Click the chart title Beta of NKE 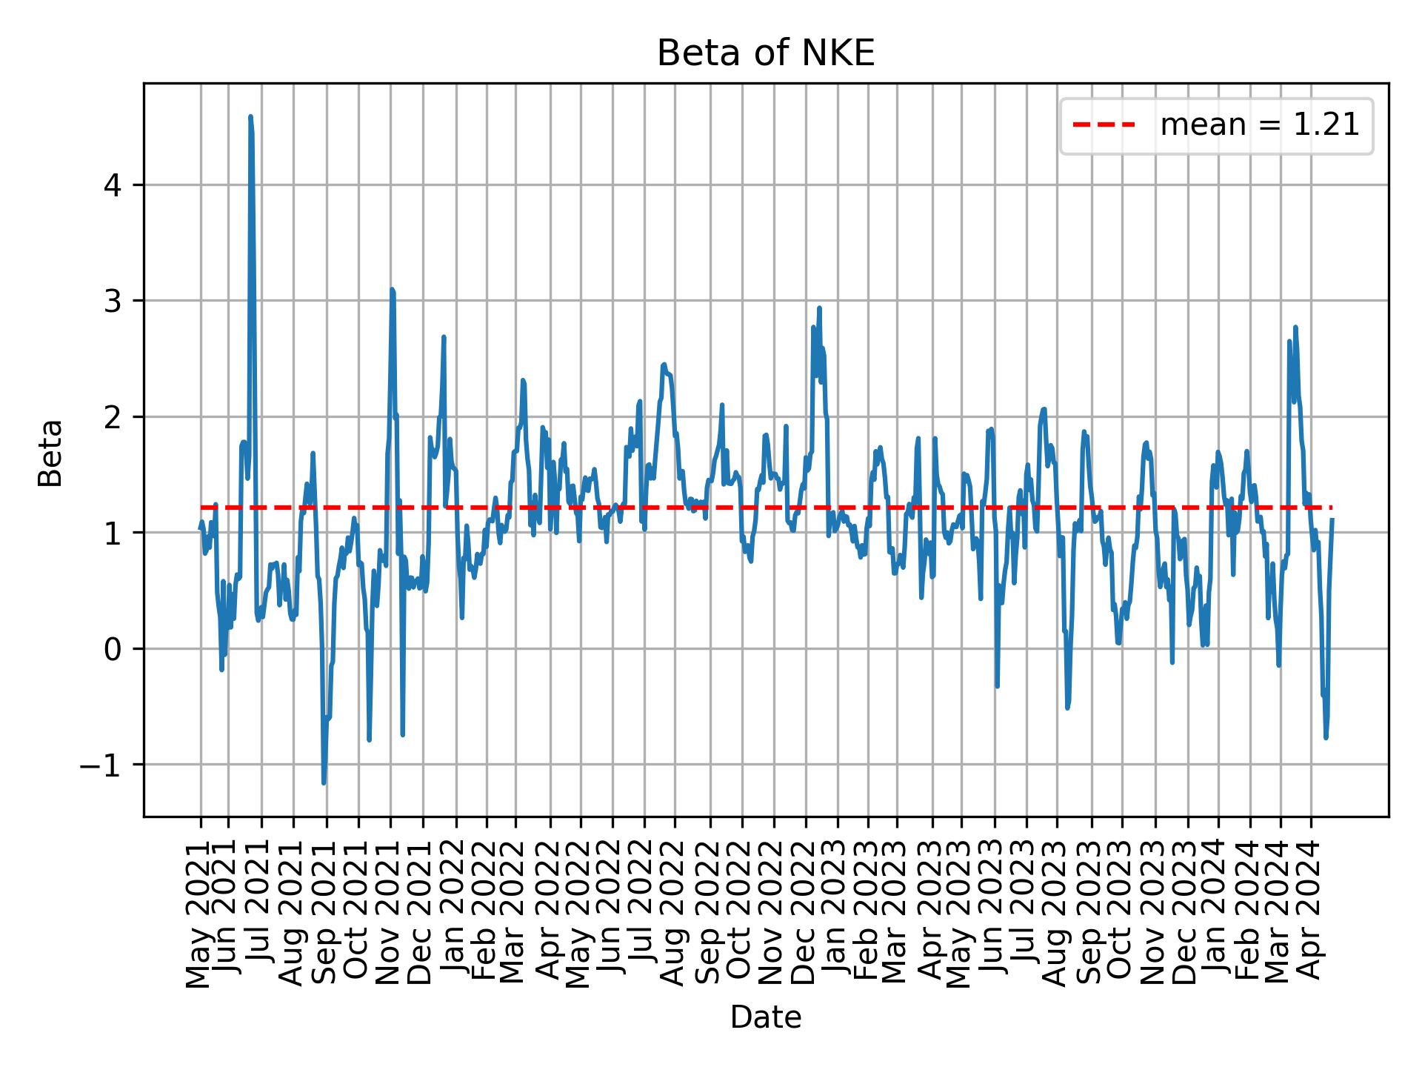[766, 53]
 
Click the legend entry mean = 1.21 [1259, 126]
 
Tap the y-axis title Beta [50, 453]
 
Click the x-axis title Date [766, 1017]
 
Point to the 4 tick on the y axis [113, 185]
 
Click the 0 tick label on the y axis [113, 649]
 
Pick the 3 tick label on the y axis [113, 301]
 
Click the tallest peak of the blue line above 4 [250, 117]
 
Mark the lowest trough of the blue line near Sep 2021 [324, 782]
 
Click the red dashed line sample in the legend [1104, 126]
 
